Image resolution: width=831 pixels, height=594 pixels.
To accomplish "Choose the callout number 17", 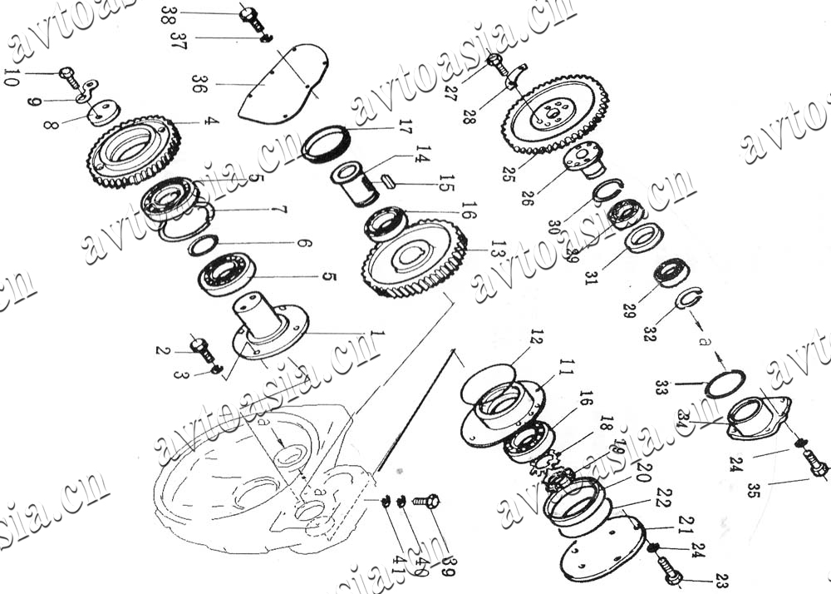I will pyautogui.click(x=405, y=129).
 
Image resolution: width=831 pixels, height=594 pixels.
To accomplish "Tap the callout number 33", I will pyautogui.click(x=661, y=387).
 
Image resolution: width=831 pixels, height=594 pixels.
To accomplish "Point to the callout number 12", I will pyautogui.click(x=536, y=338).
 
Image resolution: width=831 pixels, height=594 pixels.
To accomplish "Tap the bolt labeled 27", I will pyautogui.click(x=496, y=62).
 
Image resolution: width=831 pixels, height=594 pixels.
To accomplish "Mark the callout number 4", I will pyautogui.click(x=213, y=121).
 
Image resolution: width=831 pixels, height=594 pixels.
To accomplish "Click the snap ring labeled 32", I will pyautogui.click(x=689, y=297).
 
